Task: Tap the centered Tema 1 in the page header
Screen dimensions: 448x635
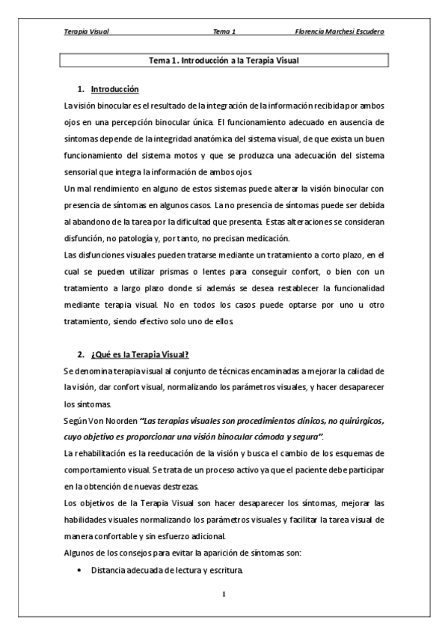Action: [x=224, y=32]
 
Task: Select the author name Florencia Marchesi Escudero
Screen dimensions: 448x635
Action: [x=342, y=32]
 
